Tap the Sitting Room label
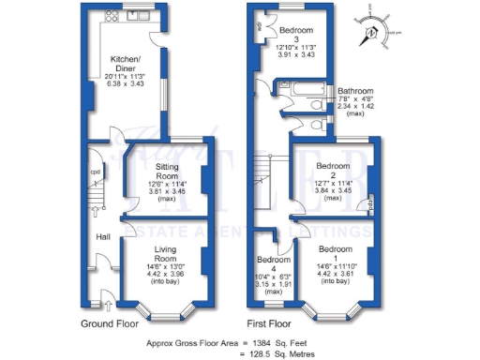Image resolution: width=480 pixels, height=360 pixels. tap(167, 169)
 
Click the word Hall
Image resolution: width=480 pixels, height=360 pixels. tap(104, 237)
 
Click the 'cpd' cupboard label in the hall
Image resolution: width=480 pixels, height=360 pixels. tap(95, 172)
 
